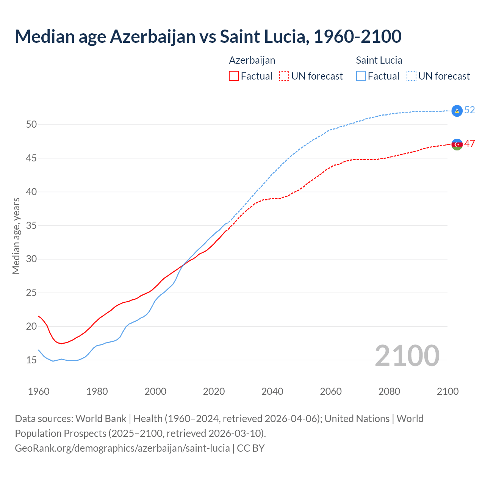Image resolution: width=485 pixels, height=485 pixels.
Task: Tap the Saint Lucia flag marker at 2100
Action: tap(457, 111)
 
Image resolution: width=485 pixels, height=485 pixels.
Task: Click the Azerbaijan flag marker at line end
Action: tap(457, 144)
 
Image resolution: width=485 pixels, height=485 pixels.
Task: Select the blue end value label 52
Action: tap(469, 110)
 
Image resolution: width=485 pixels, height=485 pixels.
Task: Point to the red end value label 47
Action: tap(469, 144)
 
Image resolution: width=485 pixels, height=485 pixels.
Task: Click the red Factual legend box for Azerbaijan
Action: tap(234, 76)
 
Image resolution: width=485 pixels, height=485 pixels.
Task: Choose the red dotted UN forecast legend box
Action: tap(284, 76)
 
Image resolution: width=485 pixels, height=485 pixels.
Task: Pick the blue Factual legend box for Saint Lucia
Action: tap(361, 76)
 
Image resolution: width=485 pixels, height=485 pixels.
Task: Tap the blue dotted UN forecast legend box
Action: tap(411, 76)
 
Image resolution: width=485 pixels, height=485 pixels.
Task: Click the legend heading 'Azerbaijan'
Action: tap(252, 60)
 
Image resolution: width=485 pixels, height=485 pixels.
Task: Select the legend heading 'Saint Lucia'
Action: tap(379, 60)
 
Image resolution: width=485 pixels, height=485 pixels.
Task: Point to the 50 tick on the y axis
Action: tap(31, 124)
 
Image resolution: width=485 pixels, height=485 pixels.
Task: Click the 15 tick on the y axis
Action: tap(31, 360)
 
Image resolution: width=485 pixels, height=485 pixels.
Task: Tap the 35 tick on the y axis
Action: tap(31, 225)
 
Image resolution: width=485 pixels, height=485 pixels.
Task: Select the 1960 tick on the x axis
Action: tap(39, 391)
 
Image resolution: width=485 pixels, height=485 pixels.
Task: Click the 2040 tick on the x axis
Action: tap(272, 391)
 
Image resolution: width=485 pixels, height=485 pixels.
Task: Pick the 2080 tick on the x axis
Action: tap(389, 391)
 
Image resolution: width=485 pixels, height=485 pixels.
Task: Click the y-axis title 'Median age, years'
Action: tap(16, 236)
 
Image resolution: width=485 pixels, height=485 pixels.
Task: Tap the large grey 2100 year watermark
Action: tap(407, 356)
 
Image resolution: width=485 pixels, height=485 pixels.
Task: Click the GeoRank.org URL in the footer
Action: tap(122, 448)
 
